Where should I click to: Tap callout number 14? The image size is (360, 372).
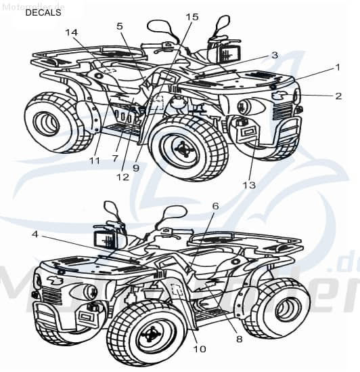click(72, 32)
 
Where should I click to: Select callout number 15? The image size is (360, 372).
click(192, 16)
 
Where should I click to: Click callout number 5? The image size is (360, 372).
click(120, 26)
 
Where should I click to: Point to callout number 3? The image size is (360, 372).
click(274, 55)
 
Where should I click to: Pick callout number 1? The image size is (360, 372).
click(336, 68)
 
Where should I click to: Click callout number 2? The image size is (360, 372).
click(338, 96)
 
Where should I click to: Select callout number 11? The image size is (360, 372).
click(94, 161)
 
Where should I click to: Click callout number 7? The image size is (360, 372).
click(115, 158)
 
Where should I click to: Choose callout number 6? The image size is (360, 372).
click(215, 206)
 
